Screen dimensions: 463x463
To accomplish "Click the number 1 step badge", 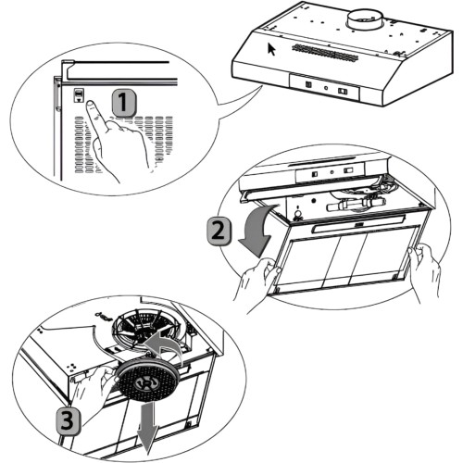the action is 123,103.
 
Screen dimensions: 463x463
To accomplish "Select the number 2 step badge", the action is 219,231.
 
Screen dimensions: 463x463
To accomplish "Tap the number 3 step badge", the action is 68,422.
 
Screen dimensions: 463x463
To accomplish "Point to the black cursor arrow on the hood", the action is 271,49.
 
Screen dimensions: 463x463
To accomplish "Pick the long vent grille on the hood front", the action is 325,52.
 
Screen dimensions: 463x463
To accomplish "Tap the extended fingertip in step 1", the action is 90,105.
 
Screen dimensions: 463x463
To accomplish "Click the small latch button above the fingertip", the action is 79,94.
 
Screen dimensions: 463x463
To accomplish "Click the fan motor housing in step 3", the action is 146,328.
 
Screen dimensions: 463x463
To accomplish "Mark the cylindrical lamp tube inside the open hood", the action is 355,204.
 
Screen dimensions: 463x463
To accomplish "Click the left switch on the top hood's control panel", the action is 308,84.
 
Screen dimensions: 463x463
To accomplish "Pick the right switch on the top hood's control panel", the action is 343,91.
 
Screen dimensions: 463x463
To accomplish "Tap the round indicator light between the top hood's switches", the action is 326,88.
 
